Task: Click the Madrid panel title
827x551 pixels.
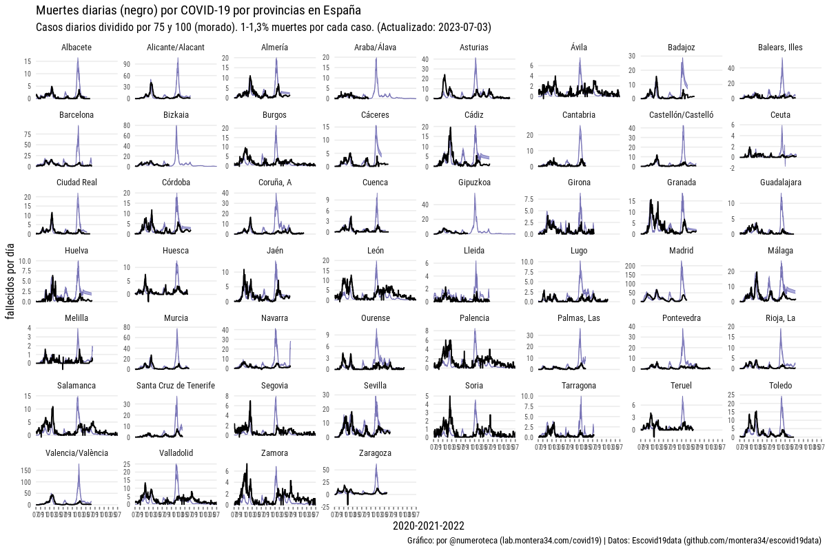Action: click(x=681, y=251)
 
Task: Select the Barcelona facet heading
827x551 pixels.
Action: click(x=76, y=115)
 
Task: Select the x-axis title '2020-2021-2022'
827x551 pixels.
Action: click(x=423, y=526)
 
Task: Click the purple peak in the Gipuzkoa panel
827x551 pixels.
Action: click(x=475, y=194)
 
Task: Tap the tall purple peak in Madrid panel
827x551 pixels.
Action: click(x=681, y=262)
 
